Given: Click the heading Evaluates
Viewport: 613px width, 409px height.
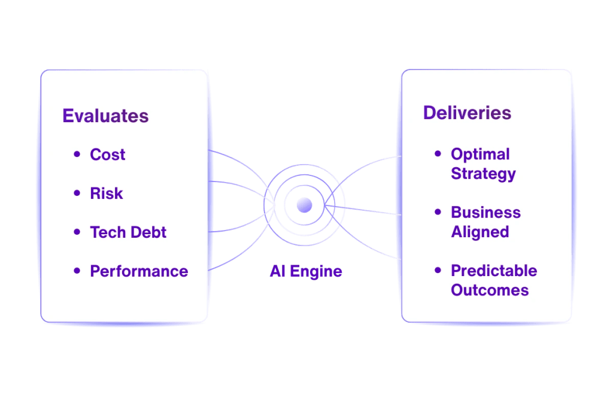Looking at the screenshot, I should tap(105, 116).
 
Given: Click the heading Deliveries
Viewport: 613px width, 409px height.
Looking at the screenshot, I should tap(467, 113).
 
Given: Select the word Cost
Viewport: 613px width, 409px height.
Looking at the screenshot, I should tap(108, 154).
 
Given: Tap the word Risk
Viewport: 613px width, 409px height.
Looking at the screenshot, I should tap(107, 193).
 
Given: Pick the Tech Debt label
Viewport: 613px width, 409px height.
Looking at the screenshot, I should tap(128, 232).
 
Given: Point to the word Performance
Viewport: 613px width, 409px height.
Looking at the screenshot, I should tap(139, 271).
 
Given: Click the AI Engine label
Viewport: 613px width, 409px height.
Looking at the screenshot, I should tap(306, 271).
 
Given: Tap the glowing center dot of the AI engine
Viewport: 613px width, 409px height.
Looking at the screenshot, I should tap(304, 205).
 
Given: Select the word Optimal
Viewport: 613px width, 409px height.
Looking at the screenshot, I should tap(480, 154).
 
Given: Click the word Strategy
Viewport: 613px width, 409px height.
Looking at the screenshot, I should tap(483, 174).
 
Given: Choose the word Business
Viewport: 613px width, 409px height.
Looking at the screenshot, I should tap(485, 213).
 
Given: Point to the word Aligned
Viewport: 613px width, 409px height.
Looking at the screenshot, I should tap(480, 232).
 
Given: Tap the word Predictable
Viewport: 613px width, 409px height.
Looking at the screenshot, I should tap(494, 271).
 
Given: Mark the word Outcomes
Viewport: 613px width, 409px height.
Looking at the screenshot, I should tap(490, 290).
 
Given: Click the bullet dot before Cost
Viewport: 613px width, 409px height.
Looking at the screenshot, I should tap(77, 154).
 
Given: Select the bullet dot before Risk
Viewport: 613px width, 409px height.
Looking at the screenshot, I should tap(77, 193).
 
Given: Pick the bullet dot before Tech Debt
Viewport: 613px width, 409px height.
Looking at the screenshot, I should tap(77, 232).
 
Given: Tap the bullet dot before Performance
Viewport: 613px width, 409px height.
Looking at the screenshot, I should tap(77, 271).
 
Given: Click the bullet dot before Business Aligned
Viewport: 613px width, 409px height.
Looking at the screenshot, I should tap(438, 213).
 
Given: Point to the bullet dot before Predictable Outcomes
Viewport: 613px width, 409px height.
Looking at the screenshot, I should tap(438, 271).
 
